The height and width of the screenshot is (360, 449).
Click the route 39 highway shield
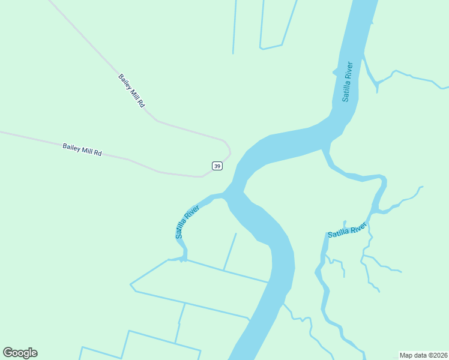(217, 166)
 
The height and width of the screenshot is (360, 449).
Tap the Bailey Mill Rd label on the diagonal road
(131, 90)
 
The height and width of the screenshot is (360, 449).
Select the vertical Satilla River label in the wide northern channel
(346, 85)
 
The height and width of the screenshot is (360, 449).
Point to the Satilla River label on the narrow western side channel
(187, 222)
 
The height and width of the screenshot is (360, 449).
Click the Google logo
(20, 353)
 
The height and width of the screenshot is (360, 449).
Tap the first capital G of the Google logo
(8, 353)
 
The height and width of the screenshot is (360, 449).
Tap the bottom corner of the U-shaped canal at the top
(261, 48)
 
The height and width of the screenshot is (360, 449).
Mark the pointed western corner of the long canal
(130, 284)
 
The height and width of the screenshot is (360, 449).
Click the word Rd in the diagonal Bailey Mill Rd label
(142, 103)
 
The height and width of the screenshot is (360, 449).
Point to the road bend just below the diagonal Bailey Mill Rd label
(157, 120)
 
